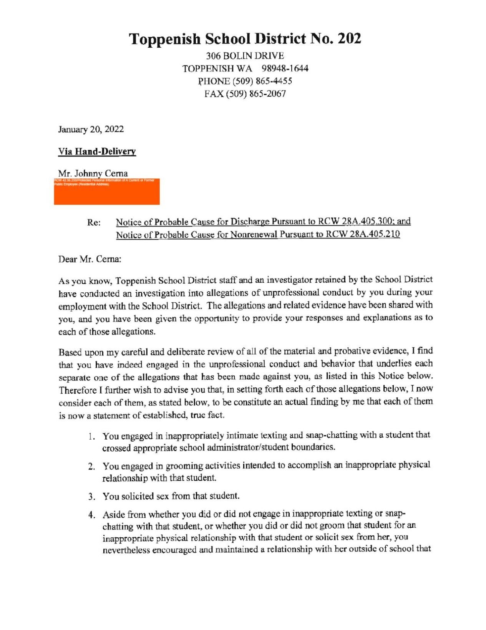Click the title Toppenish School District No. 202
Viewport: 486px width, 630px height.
click(x=245, y=38)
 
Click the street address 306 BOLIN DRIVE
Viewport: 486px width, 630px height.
click(x=245, y=56)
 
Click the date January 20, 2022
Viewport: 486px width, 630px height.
click(x=91, y=129)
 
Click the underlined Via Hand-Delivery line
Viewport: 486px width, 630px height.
click(x=97, y=152)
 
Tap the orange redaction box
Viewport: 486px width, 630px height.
click(x=107, y=192)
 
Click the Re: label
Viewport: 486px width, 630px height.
click(x=94, y=223)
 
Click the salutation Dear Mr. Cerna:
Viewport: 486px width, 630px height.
click(x=90, y=259)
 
